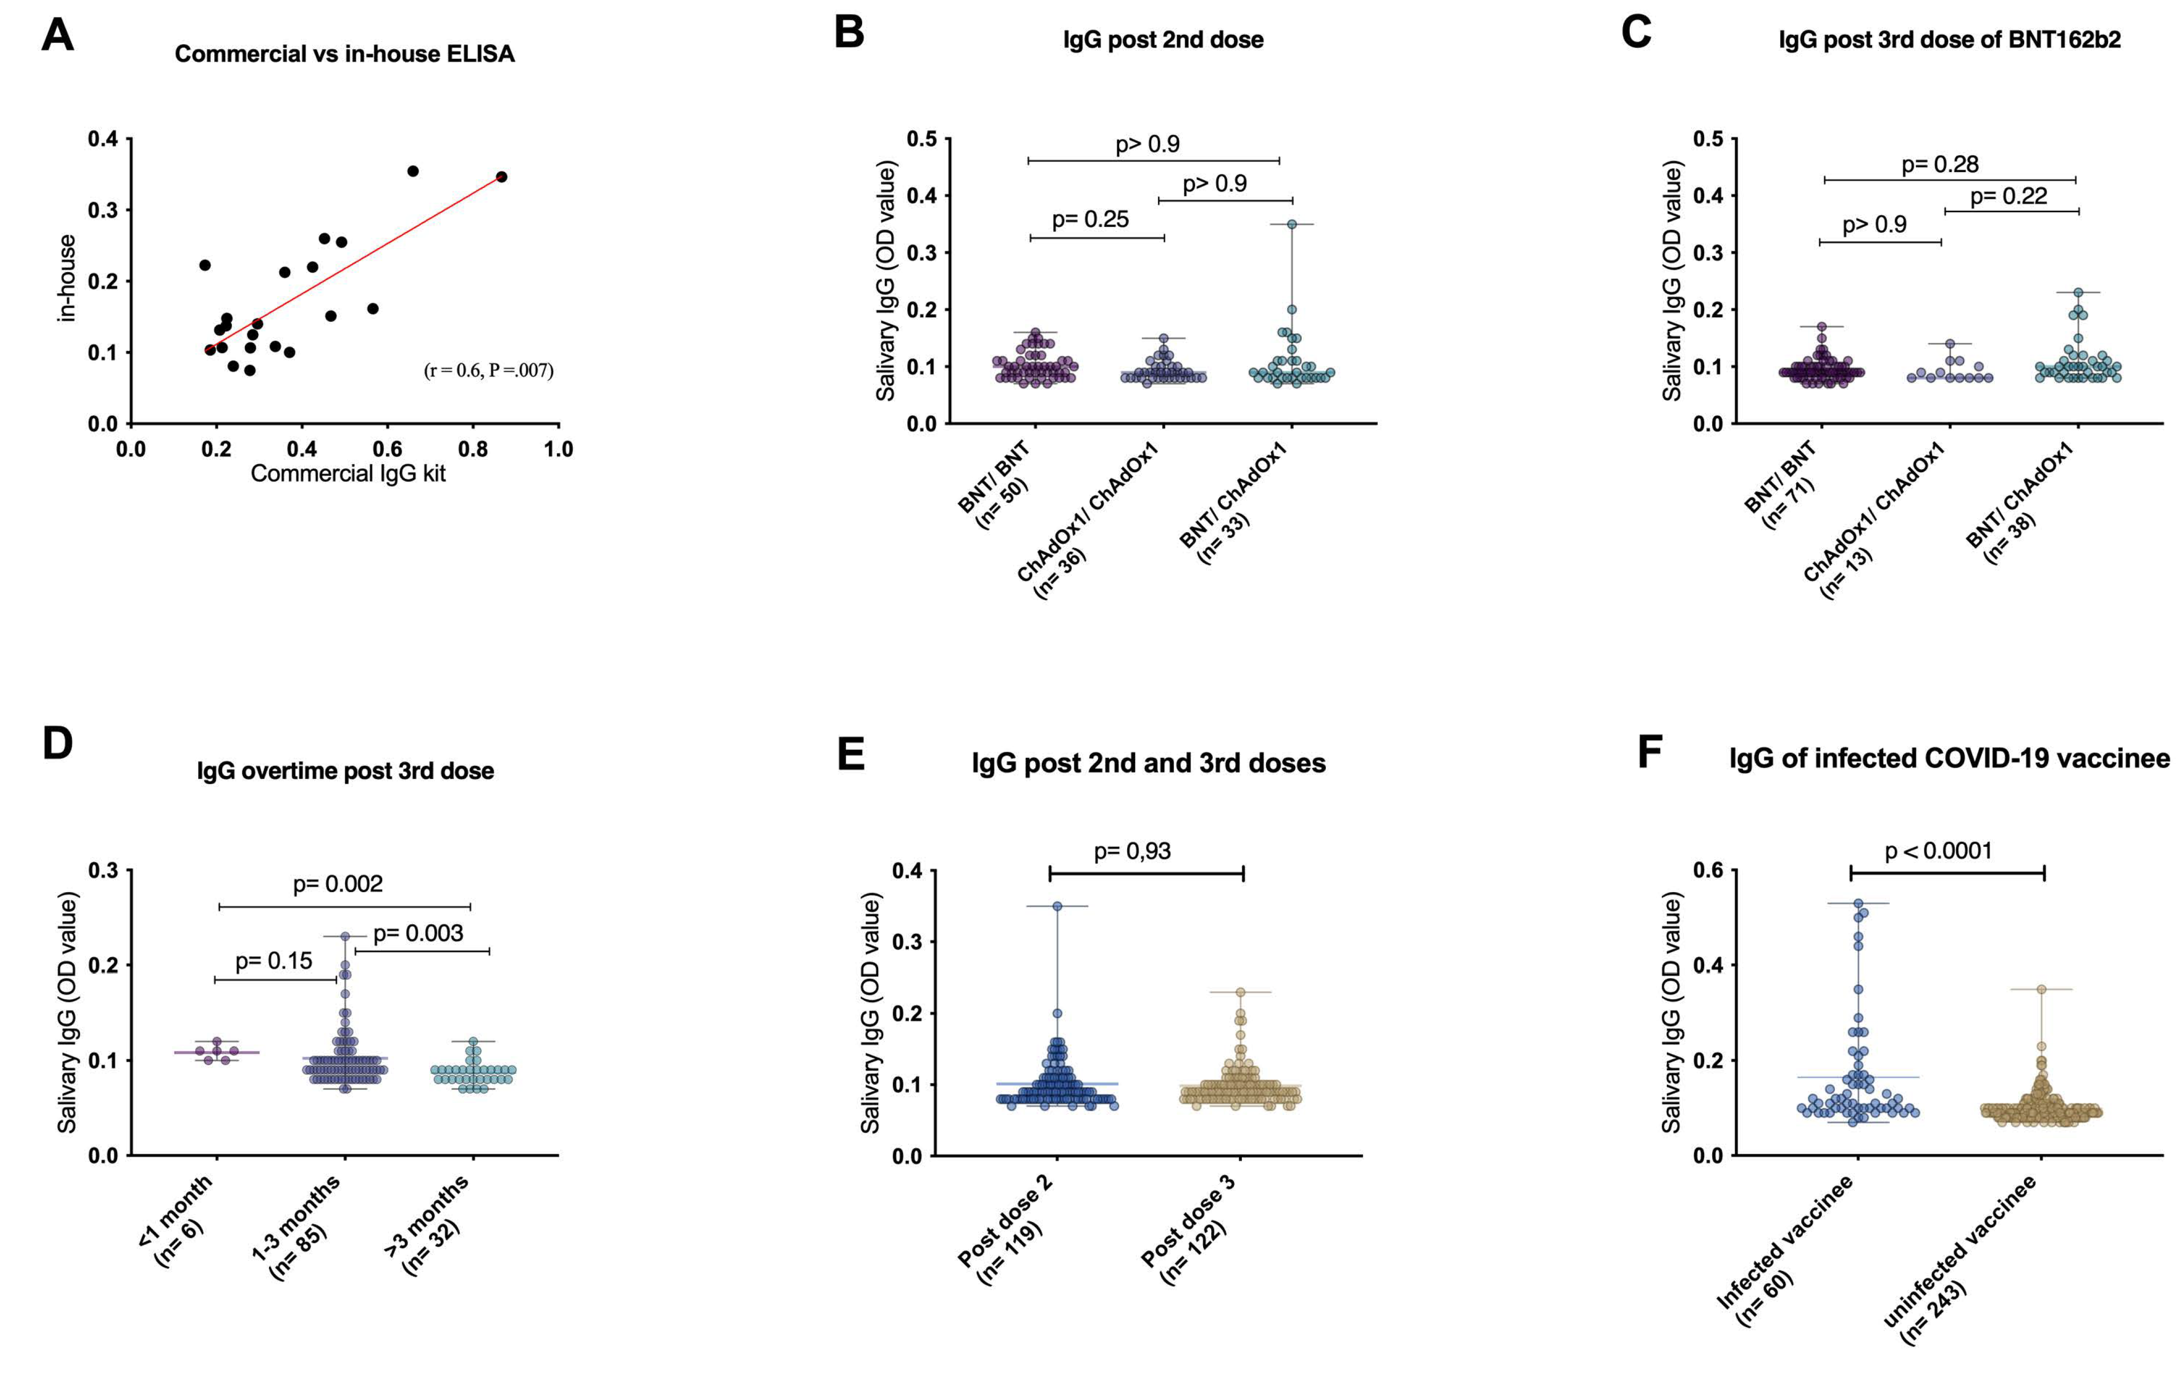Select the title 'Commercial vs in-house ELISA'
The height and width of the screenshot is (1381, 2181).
point(344,54)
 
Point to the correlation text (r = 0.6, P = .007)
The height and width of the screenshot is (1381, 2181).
point(488,370)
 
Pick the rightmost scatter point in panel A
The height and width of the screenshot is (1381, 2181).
point(502,177)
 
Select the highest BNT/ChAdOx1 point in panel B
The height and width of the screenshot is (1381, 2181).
point(1292,224)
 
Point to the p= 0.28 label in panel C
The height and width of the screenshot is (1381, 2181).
point(1939,164)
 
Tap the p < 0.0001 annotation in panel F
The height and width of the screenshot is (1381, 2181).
point(1938,851)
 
